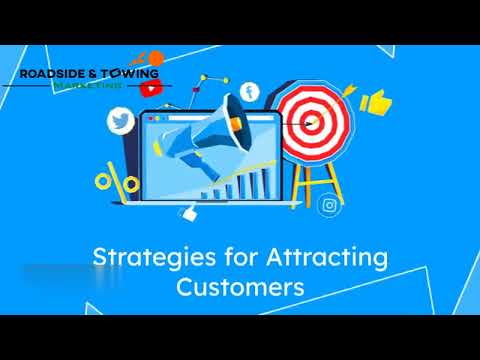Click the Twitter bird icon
click(120, 123)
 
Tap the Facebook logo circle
click(249, 92)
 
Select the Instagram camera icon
click(329, 207)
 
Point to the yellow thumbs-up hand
click(374, 101)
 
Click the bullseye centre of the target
click(311, 123)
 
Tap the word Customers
click(239, 288)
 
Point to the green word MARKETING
click(89, 85)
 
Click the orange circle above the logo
click(156, 56)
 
